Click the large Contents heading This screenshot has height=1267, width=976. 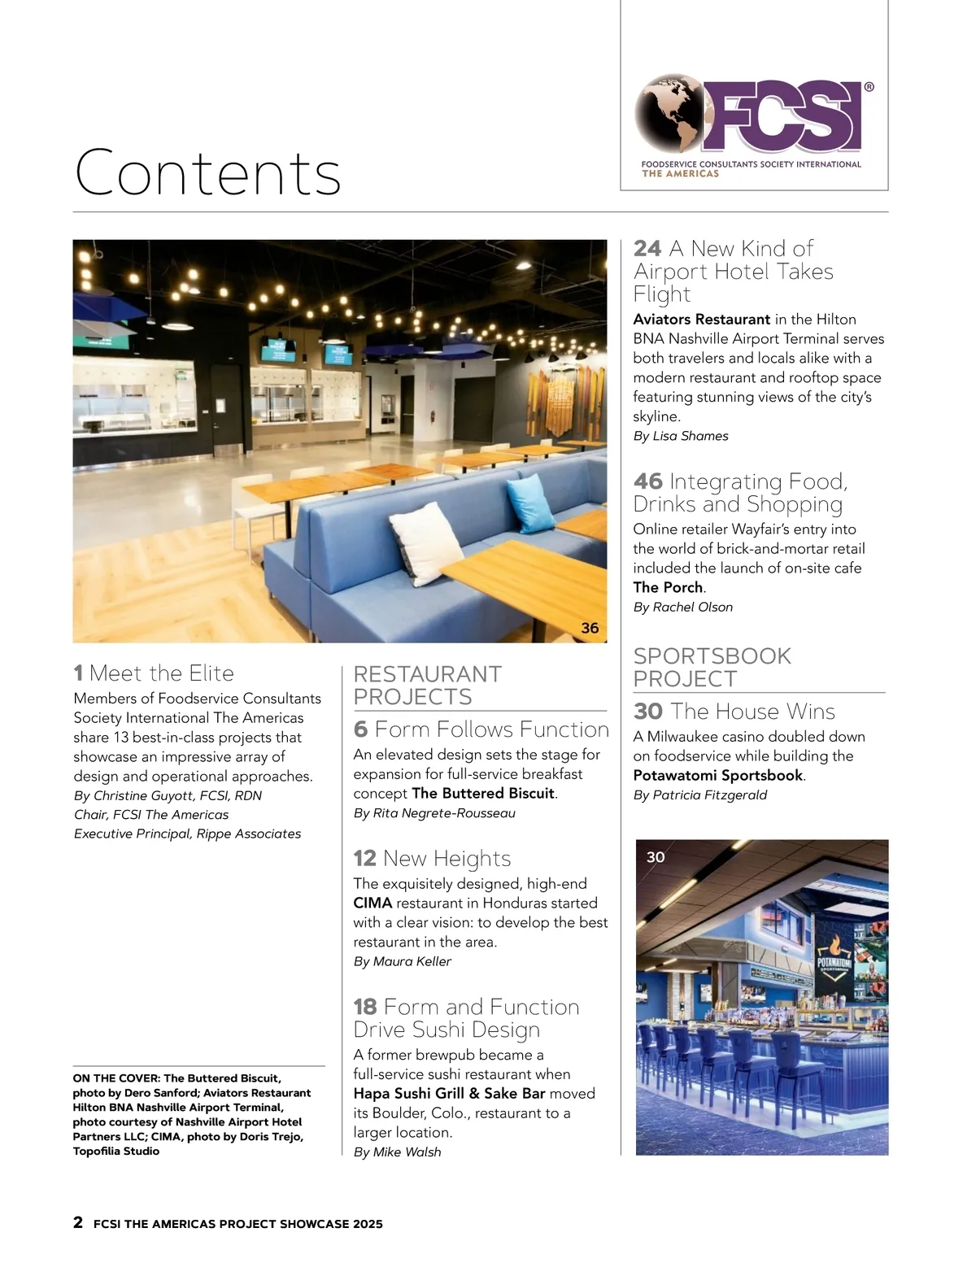(207, 172)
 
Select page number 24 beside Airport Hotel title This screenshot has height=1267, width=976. (647, 249)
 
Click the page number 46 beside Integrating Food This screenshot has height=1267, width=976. (648, 482)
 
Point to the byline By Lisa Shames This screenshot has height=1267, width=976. (681, 436)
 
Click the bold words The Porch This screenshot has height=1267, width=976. (668, 587)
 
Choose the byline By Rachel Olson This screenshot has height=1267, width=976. (683, 607)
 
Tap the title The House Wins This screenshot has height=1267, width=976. (752, 712)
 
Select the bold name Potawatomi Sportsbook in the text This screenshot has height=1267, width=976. (717, 775)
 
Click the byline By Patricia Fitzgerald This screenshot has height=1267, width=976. (699, 795)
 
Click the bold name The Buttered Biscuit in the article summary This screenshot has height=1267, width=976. (483, 793)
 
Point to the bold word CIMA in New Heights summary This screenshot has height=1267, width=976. (373, 903)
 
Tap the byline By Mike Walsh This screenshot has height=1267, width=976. (397, 1152)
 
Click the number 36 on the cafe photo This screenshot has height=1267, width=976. (590, 628)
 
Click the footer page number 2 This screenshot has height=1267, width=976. (78, 1222)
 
